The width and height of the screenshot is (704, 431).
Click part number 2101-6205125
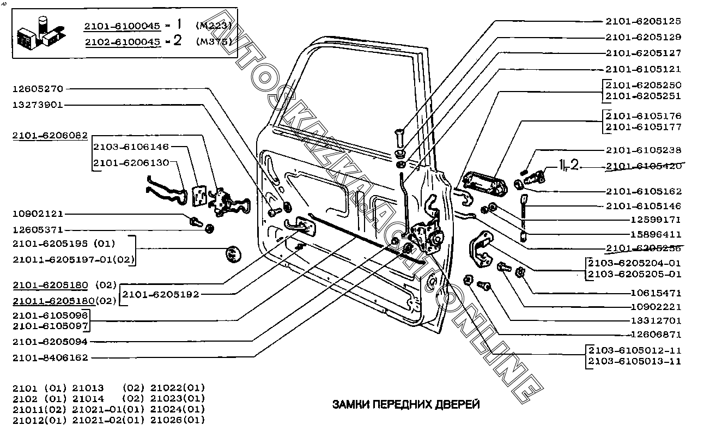coord(643,21)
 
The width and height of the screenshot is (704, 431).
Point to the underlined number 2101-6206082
coord(50,136)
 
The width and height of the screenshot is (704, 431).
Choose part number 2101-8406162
coord(50,357)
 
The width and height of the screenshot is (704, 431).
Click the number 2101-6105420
coord(643,166)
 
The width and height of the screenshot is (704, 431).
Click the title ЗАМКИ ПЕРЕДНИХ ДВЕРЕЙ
coord(406,404)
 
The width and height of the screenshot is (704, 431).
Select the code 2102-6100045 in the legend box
coord(122,41)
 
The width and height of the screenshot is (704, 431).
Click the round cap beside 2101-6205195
coord(233,254)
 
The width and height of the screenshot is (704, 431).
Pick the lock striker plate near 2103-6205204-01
coord(481,249)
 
